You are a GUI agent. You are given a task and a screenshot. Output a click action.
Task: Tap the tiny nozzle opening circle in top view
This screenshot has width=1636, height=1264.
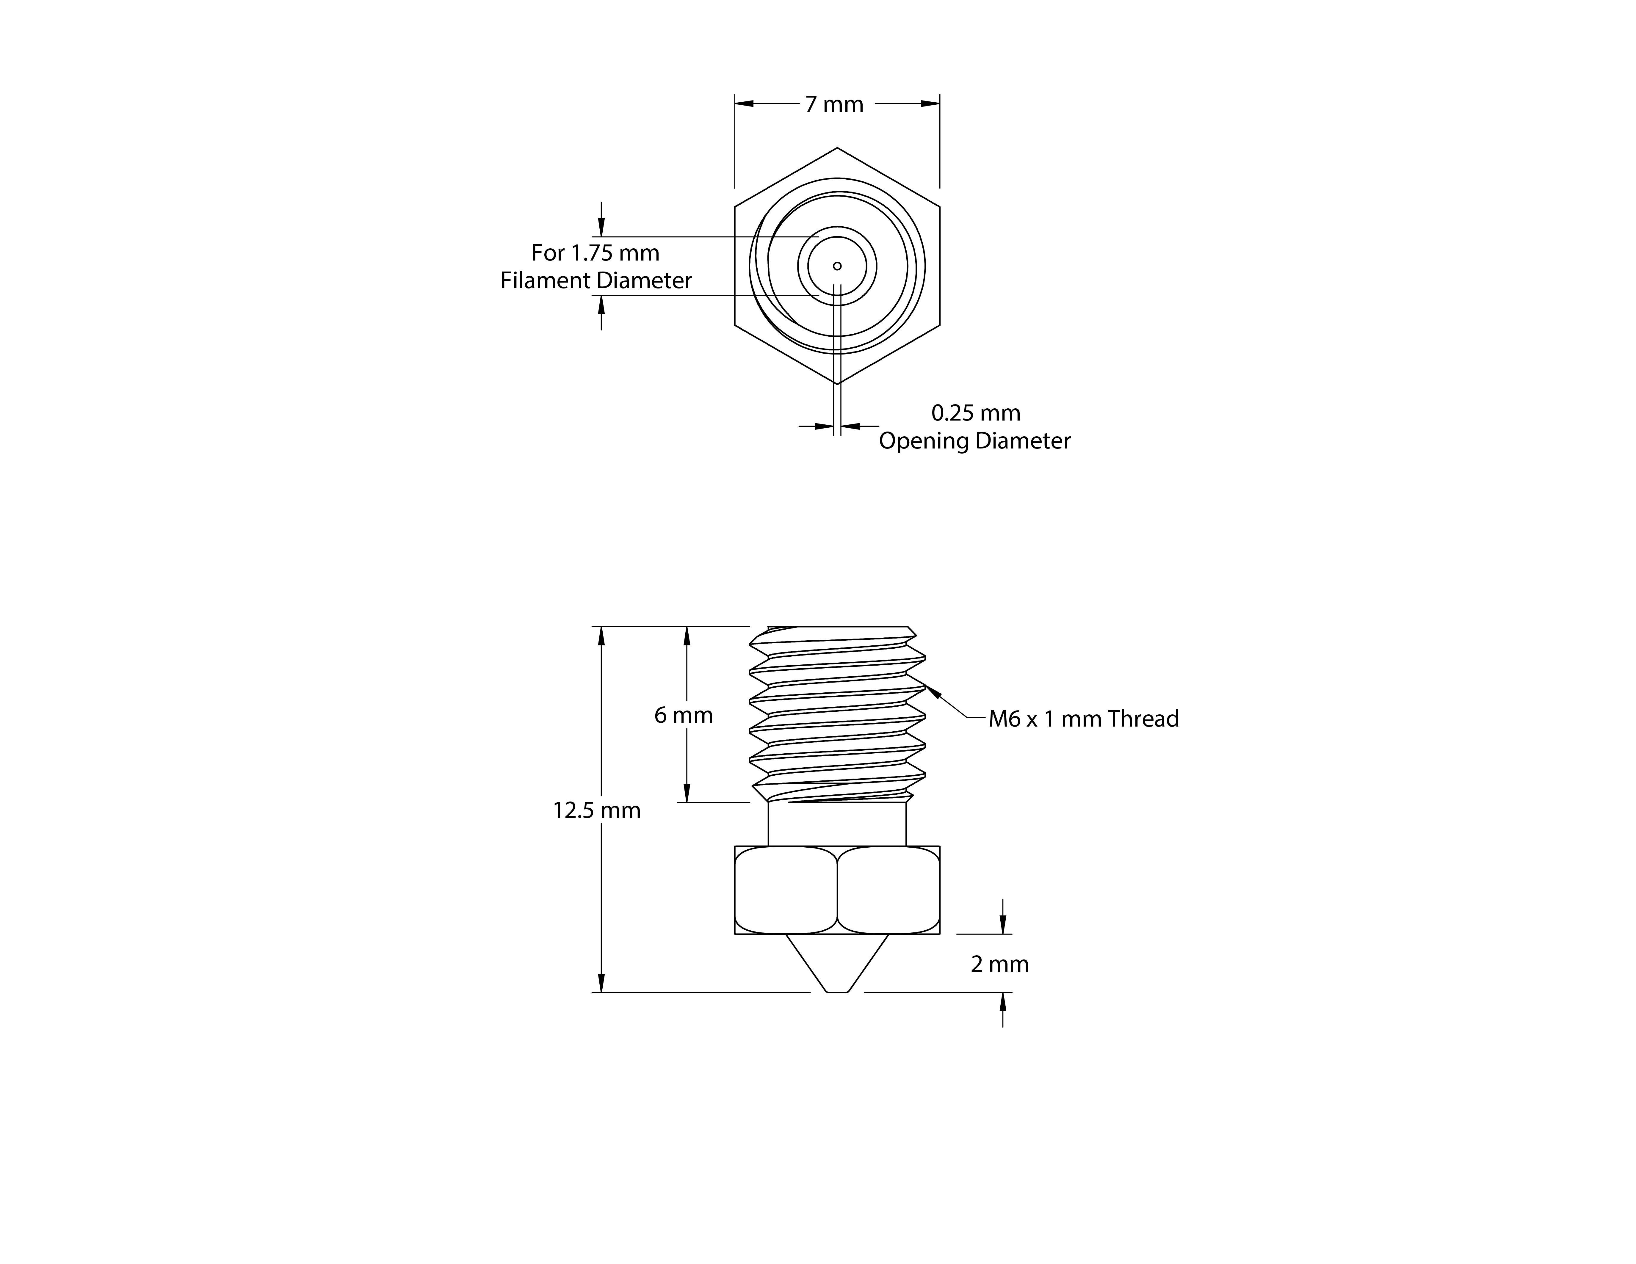point(837,266)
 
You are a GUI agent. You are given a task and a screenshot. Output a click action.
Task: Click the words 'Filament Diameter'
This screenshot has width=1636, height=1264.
point(596,280)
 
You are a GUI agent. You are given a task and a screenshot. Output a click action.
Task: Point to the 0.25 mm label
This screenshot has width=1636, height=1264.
point(975,413)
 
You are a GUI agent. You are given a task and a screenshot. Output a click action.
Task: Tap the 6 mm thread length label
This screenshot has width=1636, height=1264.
point(683,715)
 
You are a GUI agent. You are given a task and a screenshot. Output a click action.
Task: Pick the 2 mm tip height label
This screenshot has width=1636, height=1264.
point(999,964)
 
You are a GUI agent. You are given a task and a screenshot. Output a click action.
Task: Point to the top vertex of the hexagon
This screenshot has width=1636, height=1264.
point(837,148)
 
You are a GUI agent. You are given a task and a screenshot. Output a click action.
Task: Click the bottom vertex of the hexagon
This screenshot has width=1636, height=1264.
point(837,383)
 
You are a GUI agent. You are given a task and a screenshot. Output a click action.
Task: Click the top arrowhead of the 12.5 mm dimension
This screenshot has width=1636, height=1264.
point(601,635)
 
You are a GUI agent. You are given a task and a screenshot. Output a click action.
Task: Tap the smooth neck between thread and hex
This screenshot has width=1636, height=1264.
point(837,824)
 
